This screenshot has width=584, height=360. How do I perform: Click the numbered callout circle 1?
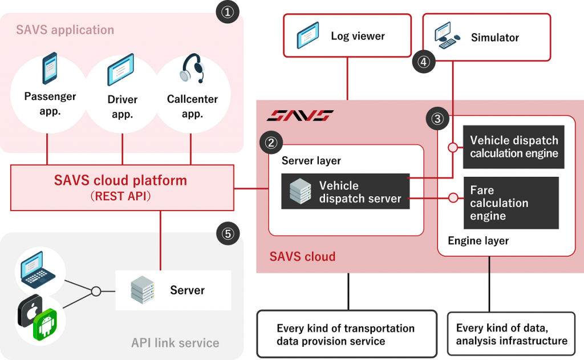point(227,13)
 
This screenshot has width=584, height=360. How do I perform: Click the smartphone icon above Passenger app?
point(50,68)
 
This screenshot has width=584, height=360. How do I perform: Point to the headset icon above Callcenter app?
point(192,70)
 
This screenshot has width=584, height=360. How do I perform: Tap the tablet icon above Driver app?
point(120,70)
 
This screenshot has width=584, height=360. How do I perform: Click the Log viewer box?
point(347,36)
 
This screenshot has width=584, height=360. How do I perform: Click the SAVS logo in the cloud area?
point(301,116)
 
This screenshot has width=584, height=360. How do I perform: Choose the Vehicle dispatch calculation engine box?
point(514,147)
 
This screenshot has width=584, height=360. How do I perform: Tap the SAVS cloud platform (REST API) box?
point(122,187)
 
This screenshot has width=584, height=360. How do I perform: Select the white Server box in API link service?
point(173,290)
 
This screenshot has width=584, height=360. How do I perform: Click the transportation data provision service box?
point(347,334)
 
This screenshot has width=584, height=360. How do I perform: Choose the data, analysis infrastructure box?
point(512,334)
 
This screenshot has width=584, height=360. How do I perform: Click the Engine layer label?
point(478,241)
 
